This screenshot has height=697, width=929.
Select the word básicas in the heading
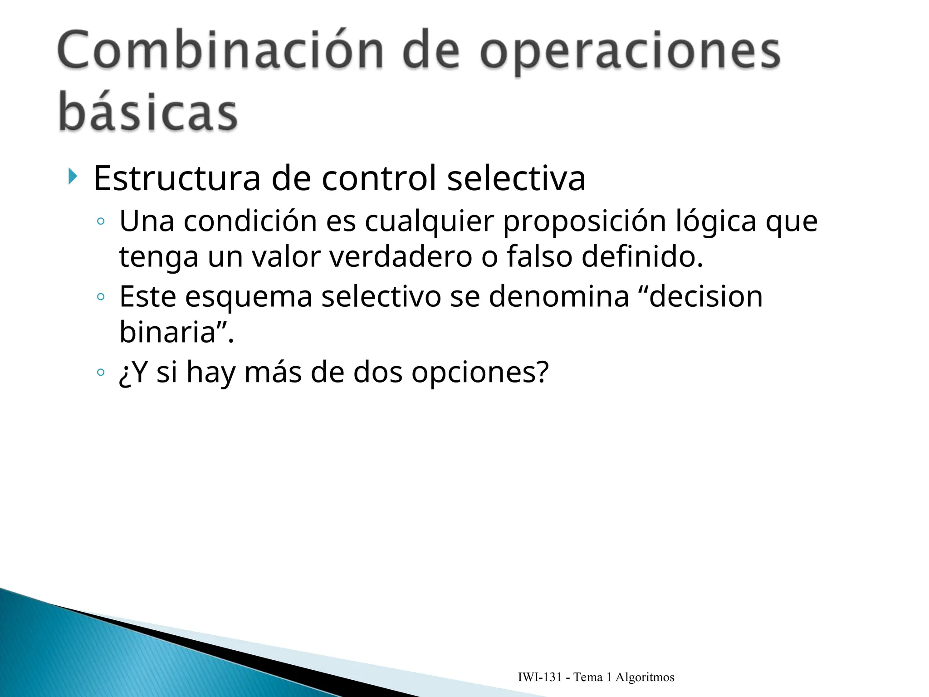(x=148, y=112)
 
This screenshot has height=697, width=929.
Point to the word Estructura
(x=177, y=178)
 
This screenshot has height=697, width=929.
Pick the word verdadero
(x=401, y=257)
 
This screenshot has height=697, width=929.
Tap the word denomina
(x=559, y=297)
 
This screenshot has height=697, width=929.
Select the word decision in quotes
(x=706, y=297)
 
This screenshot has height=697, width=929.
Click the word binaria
(x=167, y=332)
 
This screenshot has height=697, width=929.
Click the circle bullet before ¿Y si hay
(x=101, y=373)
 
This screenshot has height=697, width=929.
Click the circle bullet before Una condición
(x=101, y=221)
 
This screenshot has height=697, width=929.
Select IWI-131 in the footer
(x=540, y=677)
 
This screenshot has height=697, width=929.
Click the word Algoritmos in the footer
(x=645, y=677)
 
